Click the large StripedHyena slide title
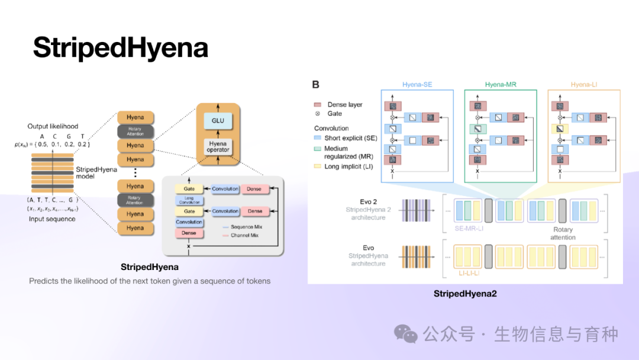click(x=120, y=47)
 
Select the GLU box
click(x=218, y=121)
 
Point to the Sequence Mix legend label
click(x=242, y=227)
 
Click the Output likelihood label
click(x=53, y=126)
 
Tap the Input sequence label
click(x=52, y=219)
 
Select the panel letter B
click(x=316, y=85)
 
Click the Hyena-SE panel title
click(x=417, y=85)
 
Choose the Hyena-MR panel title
click(x=501, y=85)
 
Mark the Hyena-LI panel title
click(x=583, y=85)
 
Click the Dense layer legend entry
click(x=345, y=104)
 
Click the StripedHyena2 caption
click(x=465, y=293)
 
